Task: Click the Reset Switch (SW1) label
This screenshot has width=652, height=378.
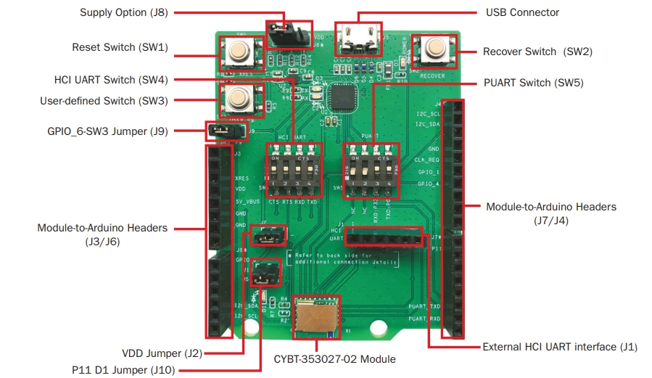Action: (120, 47)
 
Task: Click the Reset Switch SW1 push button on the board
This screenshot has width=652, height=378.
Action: (237, 51)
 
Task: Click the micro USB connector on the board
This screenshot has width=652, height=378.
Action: (357, 38)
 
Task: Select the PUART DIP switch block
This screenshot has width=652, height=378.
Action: (371, 168)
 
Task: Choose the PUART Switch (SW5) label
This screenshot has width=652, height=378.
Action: (533, 83)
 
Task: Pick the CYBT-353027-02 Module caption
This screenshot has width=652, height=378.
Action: (334, 359)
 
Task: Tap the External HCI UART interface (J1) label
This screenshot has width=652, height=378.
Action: (559, 347)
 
